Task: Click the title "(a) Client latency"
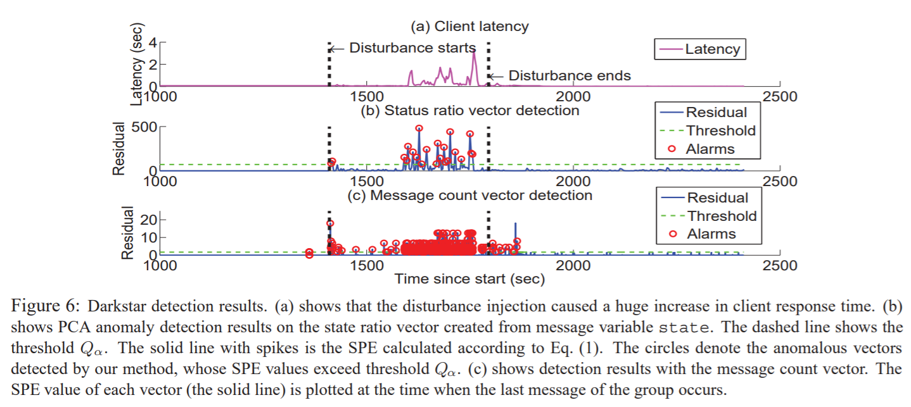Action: click(469, 27)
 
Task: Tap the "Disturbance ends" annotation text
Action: click(570, 76)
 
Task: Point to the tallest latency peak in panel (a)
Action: click(473, 53)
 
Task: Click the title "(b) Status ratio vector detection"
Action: click(469, 111)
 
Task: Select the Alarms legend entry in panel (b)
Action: click(710, 149)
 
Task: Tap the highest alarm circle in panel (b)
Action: click(419, 128)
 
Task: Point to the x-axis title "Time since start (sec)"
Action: click(469, 279)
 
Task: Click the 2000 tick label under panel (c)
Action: click(573, 265)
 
